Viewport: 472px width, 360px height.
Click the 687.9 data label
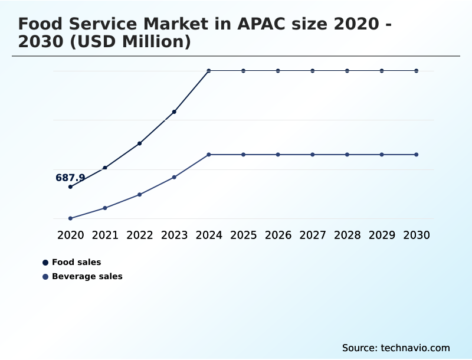[70, 178]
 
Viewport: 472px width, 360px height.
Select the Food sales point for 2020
[70, 186]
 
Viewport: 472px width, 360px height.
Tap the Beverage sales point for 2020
[70, 218]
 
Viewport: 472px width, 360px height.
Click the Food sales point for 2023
[174, 112]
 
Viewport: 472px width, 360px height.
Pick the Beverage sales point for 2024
[209, 155]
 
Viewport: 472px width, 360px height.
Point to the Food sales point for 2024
[209, 71]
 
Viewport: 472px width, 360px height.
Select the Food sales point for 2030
[417, 71]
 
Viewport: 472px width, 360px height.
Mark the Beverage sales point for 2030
[417, 155]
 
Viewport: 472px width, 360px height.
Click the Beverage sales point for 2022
[140, 194]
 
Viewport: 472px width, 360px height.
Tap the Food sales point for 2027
[313, 71]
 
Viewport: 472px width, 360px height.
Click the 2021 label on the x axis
[105, 235]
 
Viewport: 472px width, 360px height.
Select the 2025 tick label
[243, 235]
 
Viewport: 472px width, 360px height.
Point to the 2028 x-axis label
[347, 235]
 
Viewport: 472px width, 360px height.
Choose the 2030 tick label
[417, 235]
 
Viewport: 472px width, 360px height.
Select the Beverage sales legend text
[87, 276]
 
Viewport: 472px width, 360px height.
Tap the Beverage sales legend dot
[45, 276]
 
